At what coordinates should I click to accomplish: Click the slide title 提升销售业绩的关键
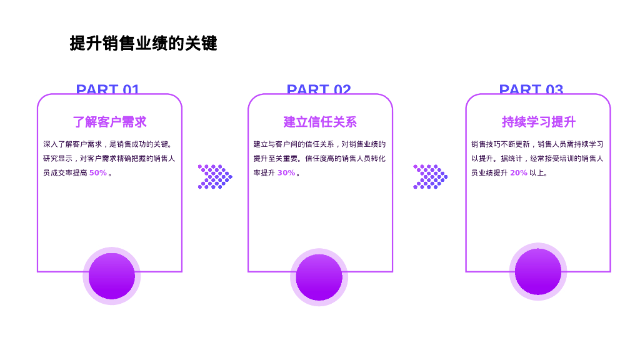143,44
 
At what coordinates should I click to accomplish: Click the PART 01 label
107,89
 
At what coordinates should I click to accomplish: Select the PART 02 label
319,89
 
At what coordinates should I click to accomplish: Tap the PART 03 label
531,89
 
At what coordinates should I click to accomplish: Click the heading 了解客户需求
109,122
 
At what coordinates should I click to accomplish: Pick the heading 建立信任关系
320,122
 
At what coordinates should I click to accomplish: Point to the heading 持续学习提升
538,122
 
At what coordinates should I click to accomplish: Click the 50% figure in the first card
97,173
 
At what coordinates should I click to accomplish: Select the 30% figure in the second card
286,173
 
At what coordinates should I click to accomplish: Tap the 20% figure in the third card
518,173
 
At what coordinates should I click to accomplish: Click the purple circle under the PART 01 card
111,276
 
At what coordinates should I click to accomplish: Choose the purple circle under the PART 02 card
319,277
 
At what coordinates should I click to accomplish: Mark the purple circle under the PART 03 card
537,271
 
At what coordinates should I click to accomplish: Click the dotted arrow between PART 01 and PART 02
214,177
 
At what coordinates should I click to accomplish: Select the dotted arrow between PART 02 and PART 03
430,177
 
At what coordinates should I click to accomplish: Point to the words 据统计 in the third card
511,159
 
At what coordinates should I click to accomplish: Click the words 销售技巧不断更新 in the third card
501,144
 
